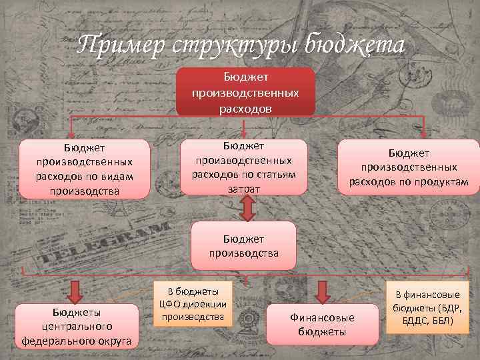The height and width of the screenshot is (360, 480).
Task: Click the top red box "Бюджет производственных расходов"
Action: [x=245, y=92]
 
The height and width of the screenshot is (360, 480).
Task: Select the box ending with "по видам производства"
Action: [x=84, y=169]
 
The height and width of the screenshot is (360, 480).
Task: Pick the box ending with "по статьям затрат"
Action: [x=245, y=167]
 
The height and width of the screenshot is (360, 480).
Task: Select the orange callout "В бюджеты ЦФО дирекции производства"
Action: [x=193, y=303]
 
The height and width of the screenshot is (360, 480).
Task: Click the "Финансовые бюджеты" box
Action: [x=322, y=324]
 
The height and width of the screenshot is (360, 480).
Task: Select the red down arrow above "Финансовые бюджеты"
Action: [x=322, y=292]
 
